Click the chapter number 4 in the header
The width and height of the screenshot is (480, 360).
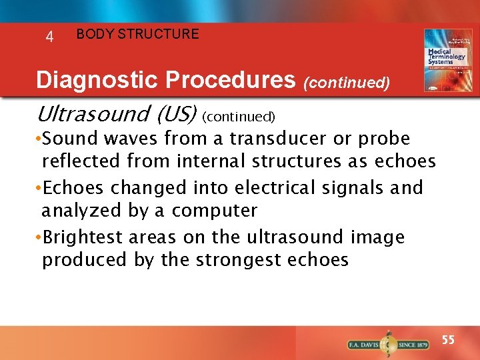coord(49,37)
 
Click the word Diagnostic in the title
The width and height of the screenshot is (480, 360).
coord(98,81)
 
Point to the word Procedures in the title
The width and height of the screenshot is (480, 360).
coord(230,81)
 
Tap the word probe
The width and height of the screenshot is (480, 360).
coord(385,139)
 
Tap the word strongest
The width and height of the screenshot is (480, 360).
coord(237,260)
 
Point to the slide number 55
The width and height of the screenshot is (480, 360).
coord(449,340)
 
